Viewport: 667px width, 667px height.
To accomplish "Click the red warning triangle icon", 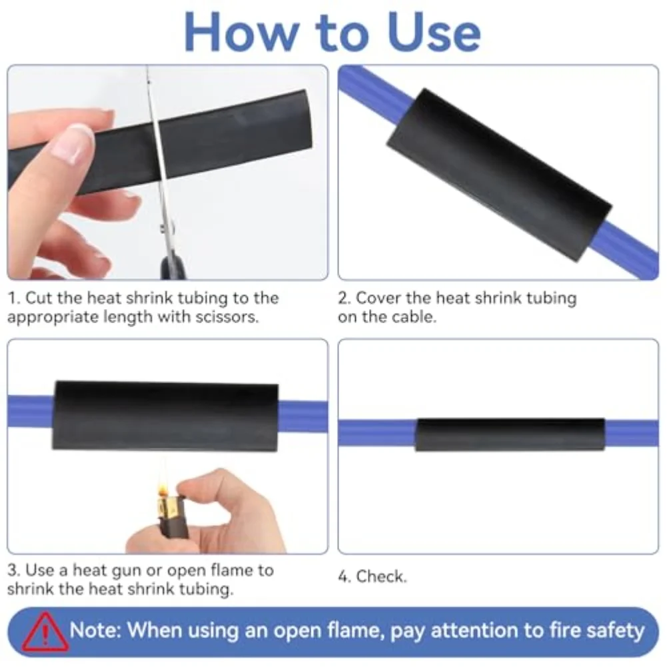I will (x=44, y=631).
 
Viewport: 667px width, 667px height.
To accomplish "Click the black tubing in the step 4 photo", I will (x=510, y=434).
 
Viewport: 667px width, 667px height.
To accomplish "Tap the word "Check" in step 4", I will (x=380, y=576).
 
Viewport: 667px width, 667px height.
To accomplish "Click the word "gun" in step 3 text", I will (x=145, y=570).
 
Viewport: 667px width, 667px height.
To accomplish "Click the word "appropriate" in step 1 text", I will (x=49, y=317).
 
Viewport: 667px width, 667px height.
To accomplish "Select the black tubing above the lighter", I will (x=165, y=416).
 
